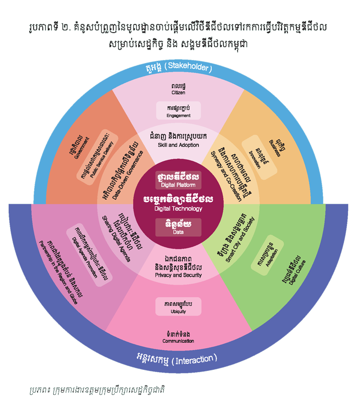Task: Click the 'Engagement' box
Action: tap(178, 111)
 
